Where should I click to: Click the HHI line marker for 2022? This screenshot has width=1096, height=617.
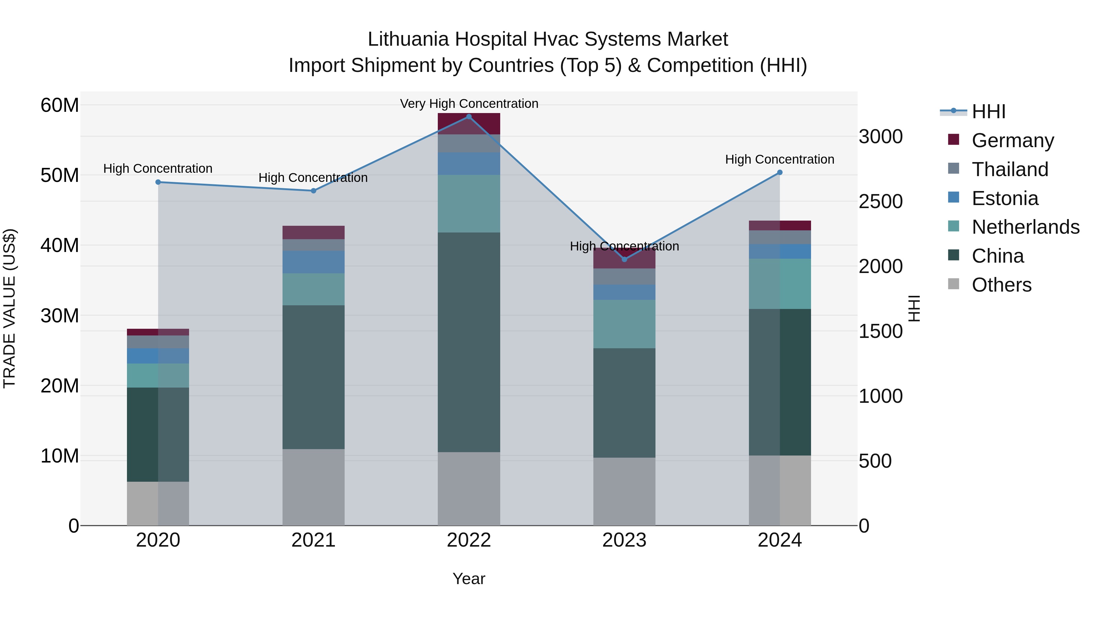point(469,117)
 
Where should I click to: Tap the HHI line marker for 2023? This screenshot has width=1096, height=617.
point(624,259)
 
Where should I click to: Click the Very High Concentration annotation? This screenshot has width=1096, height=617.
point(469,104)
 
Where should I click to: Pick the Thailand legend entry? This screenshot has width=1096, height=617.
point(1010,169)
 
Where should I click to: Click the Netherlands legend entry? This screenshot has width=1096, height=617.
point(1025,227)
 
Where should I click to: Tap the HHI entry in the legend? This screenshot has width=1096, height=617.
point(988,112)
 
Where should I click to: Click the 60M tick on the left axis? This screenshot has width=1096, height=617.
point(60,105)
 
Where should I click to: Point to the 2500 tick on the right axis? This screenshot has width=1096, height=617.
point(880,201)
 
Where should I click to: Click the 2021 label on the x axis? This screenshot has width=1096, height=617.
point(314,540)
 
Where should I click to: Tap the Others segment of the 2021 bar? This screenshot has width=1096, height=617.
point(314,487)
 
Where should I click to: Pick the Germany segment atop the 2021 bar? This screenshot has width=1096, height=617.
point(314,232)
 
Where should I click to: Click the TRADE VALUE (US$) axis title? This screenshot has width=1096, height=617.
point(10,308)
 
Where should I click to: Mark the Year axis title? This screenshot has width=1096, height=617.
point(469,579)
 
